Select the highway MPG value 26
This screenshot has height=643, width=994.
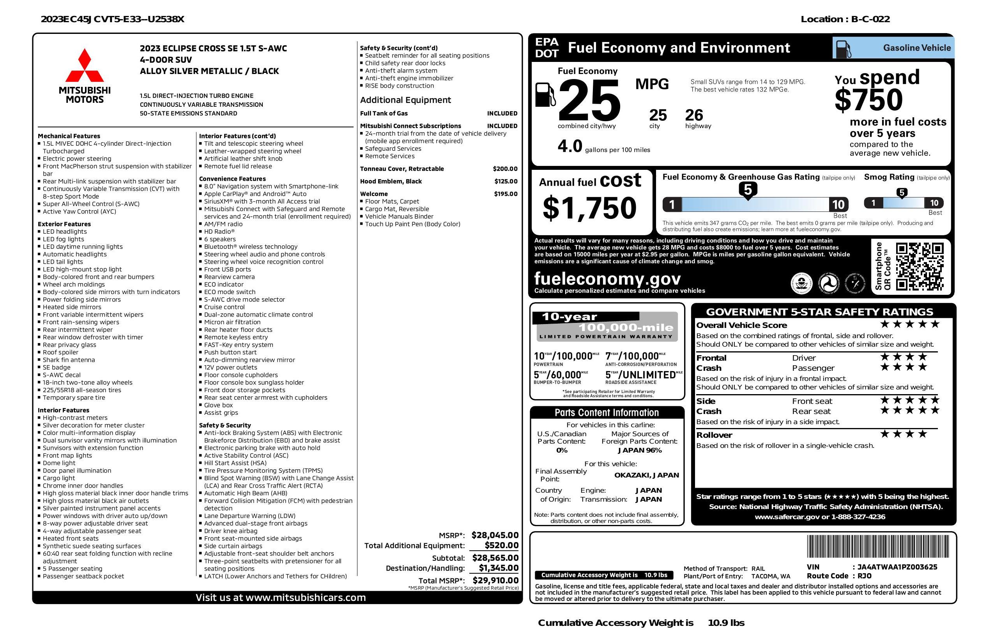(x=694, y=115)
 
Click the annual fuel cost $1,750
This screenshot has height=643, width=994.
(x=589, y=208)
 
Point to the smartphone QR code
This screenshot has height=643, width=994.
(x=919, y=267)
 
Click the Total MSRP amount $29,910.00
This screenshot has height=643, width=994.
(x=495, y=580)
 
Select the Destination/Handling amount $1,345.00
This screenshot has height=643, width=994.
(x=498, y=568)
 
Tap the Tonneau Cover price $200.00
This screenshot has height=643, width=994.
(x=505, y=169)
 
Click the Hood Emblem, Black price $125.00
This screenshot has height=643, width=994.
(x=506, y=181)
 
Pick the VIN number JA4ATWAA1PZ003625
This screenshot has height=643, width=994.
(x=897, y=567)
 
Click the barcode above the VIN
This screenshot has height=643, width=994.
(x=877, y=547)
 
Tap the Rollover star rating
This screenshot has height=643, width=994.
(x=904, y=434)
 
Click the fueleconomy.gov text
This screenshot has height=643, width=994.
(x=607, y=278)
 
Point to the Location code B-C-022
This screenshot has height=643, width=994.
(x=870, y=19)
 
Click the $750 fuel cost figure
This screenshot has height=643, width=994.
(x=869, y=100)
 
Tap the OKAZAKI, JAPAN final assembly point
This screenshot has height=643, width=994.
(x=647, y=475)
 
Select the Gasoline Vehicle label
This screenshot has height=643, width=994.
(x=917, y=48)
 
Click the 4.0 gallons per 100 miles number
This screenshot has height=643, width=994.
(x=570, y=146)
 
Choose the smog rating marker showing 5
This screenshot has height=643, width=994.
(x=902, y=193)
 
